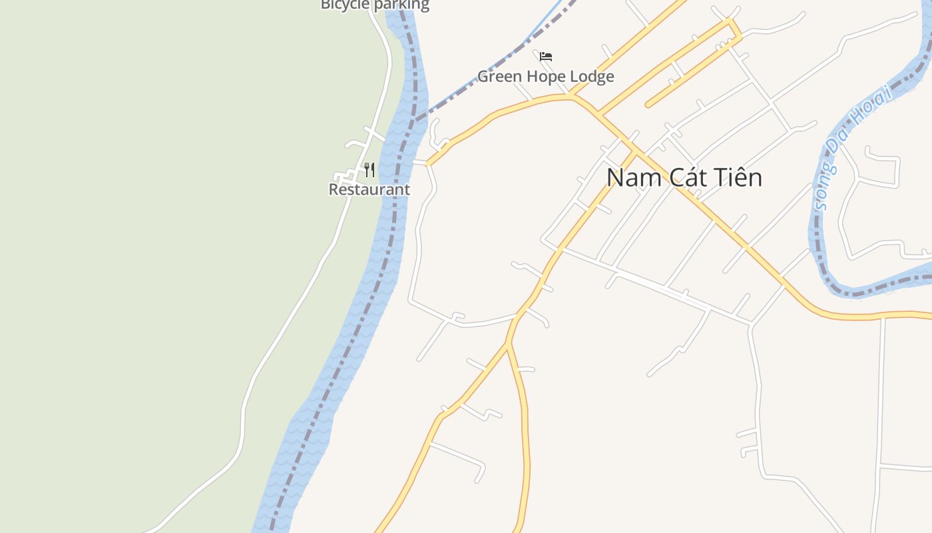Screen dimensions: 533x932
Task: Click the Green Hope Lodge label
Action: [x=545, y=77]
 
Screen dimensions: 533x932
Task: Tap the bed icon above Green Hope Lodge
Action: [x=546, y=57]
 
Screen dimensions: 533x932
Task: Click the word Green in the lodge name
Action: [x=501, y=77]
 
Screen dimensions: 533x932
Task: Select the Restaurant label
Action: [x=369, y=189]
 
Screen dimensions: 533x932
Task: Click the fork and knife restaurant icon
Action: [x=369, y=170]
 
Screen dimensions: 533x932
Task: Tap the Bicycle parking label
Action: [x=375, y=5]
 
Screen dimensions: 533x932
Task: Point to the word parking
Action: [x=401, y=5]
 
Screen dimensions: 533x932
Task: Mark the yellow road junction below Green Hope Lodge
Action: [x=571, y=97]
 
